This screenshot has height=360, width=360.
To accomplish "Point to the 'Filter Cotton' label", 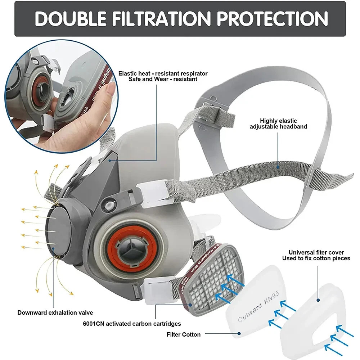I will tap(184, 334).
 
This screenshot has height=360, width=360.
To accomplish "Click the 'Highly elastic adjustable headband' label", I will tap(278, 124).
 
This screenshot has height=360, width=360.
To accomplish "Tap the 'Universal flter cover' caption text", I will tap(316, 252).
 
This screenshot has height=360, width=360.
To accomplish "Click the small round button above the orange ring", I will tap(108, 204).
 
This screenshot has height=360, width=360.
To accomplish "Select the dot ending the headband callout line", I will tap(278, 167).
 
